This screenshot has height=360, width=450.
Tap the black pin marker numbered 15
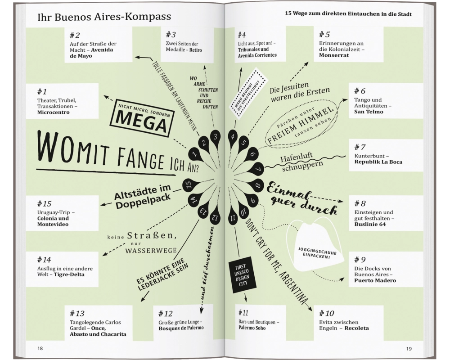tap(189, 184)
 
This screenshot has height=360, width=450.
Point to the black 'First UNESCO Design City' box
tap(238, 276)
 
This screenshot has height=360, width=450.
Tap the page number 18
tap(40, 348)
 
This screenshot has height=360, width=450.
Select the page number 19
tap(409, 348)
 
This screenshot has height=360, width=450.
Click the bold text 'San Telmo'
tap(369, 112)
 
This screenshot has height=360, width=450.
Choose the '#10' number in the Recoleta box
tap(327, 313)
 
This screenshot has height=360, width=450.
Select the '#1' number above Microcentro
tap(44, 90)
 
